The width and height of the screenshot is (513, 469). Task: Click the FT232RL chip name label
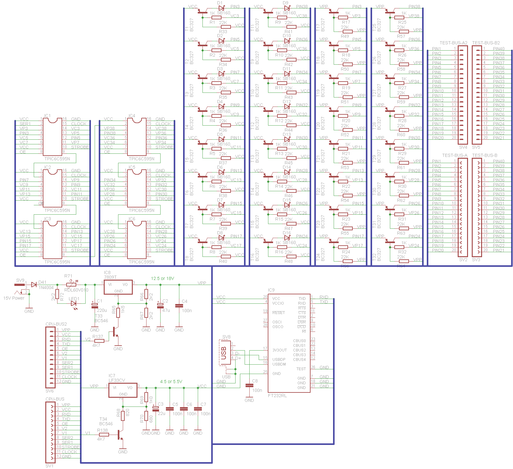(x=277, y=396)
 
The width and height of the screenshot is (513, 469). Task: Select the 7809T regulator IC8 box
(x=118, y=287)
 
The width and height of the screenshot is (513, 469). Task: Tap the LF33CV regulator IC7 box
(x=123, y=390)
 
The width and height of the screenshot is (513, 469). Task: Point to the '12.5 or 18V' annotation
(x=162, y=278)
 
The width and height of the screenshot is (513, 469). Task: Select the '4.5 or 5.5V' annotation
(x=171, y=382)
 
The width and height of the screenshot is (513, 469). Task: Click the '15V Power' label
(x=14, y=298)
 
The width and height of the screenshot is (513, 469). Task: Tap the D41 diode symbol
(x=34, y=285)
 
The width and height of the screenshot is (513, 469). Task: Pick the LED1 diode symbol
(x=74, y=303)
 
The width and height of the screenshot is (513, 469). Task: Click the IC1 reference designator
(x=47, y=116)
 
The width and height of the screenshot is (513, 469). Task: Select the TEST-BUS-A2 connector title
(x=453, y=43)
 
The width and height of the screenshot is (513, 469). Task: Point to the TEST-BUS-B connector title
(x=485, y=155)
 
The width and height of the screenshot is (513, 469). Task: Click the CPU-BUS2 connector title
(x=56, y=324)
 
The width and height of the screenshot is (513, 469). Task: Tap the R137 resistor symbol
(x=99, y=341)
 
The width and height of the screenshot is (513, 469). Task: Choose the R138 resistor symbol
(x=104, y=435)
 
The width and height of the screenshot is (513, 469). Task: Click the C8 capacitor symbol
(x=249, y=386)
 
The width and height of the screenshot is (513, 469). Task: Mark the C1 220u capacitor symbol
(x=95, y=306)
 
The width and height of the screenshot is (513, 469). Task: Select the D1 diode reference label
(x=220, y=3)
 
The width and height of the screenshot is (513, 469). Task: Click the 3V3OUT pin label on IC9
(x=279, y=350)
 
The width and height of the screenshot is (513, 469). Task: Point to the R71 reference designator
(x=68, y=276)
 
